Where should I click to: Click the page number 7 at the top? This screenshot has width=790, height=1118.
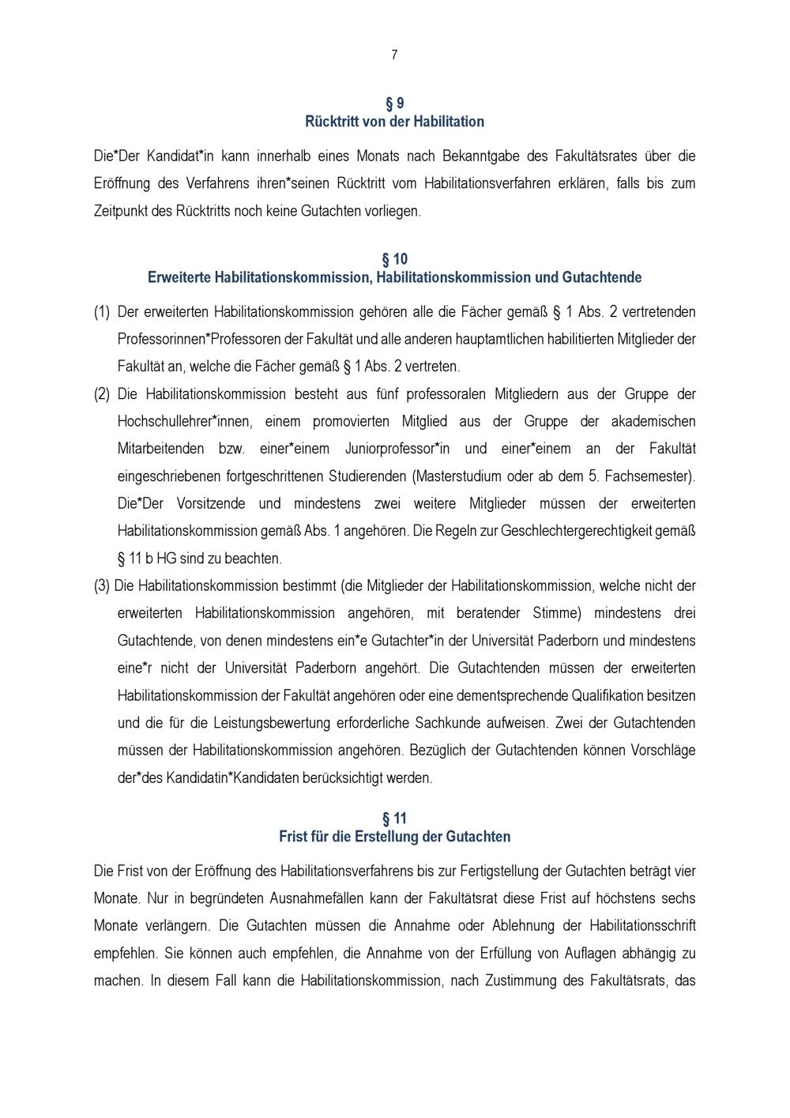pyautogui.click(x=394, y=55)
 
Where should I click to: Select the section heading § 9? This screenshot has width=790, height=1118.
pyautogui.click(x=394, y=104)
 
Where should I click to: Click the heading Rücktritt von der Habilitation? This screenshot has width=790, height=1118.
pyautogui.click(x=394, y=122)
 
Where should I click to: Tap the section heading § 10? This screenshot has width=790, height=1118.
pyautogui.click(x=394, y=259)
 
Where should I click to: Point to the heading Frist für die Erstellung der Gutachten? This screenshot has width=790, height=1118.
pyautogui.click(x=394, y=836)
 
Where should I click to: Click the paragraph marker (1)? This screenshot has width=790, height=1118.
pyautogui.click(x=102, y=312)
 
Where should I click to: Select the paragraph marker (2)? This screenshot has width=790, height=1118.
pyautogui.click(x=102, y=394)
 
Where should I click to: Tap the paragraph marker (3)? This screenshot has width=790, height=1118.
pyautogui.click(x=102, y=586)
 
